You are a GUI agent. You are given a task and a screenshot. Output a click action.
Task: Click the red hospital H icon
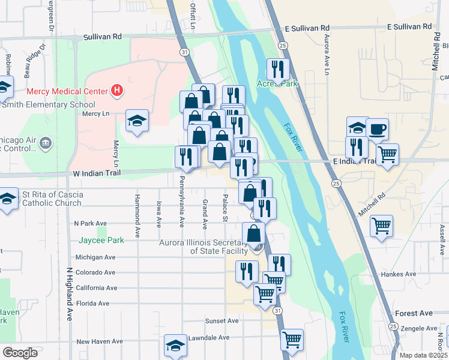118,91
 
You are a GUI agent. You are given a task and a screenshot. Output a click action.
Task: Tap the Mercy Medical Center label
67,92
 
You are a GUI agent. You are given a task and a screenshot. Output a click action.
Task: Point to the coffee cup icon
377,128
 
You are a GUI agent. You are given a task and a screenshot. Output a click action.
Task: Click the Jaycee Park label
101,241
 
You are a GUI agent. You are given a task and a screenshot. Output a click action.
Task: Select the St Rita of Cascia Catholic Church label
52,199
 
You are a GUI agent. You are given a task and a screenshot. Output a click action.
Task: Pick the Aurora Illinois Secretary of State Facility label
203,247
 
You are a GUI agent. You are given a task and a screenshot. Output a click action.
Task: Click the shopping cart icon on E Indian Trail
387,154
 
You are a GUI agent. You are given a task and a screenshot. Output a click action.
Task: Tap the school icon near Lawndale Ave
175,345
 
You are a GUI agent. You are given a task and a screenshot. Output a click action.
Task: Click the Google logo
20,352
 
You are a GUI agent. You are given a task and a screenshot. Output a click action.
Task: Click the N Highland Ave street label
70,293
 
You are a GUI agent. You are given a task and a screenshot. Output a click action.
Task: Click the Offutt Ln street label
193,14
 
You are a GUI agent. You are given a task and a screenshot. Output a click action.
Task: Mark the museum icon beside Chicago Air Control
46,143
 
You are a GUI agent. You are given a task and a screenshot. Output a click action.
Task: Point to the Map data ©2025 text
423,355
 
